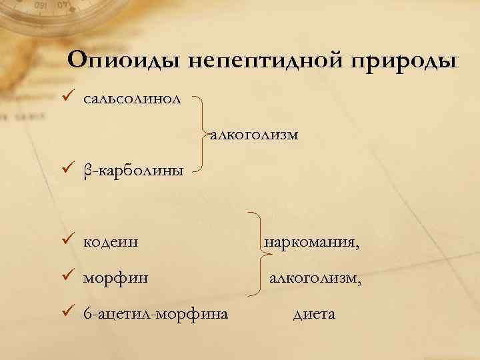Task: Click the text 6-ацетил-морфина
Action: (155, 313)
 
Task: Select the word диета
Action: (313, 313)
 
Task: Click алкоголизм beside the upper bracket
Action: (254, 135)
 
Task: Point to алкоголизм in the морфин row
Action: (315, 277)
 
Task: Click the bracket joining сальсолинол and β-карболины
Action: (204, 133)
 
